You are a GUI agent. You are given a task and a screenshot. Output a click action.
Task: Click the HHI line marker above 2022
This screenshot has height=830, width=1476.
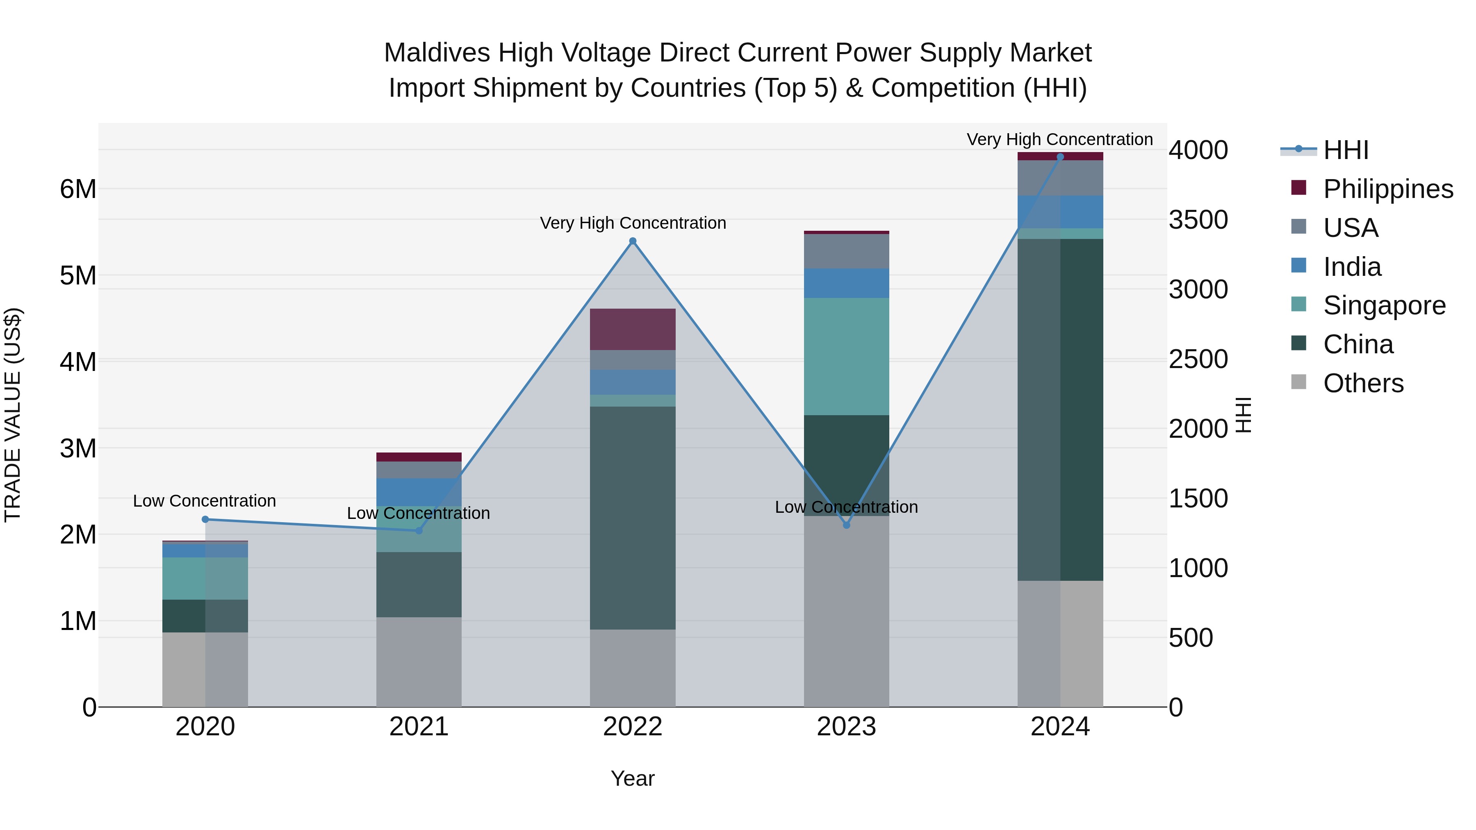633,241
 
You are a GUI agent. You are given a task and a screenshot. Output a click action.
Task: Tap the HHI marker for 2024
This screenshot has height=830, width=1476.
1060,157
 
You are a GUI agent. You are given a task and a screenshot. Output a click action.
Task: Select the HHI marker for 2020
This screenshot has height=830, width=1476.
205,520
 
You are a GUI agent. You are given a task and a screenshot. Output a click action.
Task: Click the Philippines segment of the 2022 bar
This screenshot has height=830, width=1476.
633,330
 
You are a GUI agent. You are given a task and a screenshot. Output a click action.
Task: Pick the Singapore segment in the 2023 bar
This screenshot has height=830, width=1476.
846,356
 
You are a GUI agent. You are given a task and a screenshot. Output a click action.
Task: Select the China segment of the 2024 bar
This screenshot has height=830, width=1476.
1060,409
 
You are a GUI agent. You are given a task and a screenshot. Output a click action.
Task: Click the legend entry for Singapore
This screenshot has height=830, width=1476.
1384,305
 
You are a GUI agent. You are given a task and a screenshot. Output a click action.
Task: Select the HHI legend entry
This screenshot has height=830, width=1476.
1345,150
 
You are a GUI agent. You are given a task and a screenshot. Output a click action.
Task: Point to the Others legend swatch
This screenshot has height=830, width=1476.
1299,382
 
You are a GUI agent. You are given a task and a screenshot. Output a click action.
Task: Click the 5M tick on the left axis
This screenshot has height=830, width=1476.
78,275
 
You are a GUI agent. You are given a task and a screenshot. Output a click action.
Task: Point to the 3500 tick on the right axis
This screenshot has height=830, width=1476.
1198,220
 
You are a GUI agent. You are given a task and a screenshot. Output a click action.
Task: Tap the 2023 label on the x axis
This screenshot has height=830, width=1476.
846,727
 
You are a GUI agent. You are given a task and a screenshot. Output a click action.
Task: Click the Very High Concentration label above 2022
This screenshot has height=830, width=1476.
633,223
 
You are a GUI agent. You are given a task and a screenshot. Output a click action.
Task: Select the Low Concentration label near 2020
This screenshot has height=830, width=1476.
204,500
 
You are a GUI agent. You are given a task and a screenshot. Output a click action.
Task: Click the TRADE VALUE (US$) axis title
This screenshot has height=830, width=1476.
13,415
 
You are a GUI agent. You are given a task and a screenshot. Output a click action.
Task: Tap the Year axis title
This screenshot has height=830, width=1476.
633,778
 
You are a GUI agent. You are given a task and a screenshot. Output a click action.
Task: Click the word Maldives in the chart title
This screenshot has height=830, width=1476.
437,53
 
